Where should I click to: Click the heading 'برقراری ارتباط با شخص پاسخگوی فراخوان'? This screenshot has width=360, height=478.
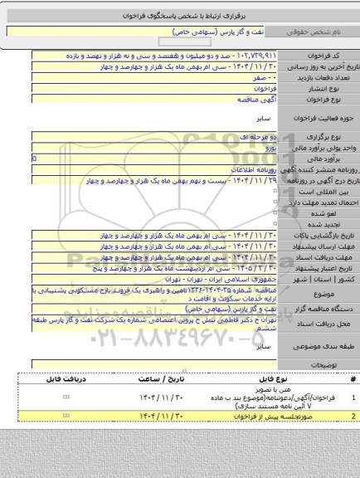pos(179,13)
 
